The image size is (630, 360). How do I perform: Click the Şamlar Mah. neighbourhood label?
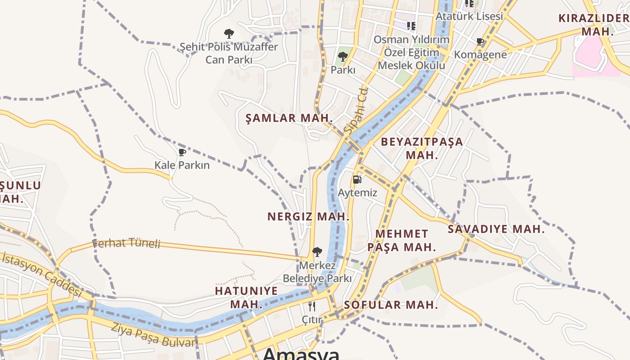coord(289,118)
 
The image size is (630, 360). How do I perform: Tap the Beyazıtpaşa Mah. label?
coord(422,148)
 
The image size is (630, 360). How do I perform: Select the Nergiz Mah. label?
coord(308,216)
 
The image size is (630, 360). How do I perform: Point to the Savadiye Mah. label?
coord(496,229)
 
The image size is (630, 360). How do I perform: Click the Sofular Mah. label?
coord(391,305)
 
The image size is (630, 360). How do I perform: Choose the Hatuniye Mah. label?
coord(246,297)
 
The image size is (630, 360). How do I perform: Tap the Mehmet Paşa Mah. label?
coord(401,240)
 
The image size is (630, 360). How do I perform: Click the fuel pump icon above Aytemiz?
coord(357,180)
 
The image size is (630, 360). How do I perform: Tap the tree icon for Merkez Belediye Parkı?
coord(317,252)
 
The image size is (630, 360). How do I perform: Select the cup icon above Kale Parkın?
coord(182,153)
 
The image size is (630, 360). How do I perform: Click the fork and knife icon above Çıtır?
coord(312,307)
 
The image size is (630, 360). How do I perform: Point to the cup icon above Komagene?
coord(480,42)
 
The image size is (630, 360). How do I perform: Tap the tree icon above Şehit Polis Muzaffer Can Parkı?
coord(229,33)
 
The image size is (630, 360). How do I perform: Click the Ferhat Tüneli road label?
coord(126,243)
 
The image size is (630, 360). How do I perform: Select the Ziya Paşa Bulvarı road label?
coord(154,336)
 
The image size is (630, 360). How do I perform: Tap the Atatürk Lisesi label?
coord(469,16)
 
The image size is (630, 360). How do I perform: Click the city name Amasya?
coord(301,354)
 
